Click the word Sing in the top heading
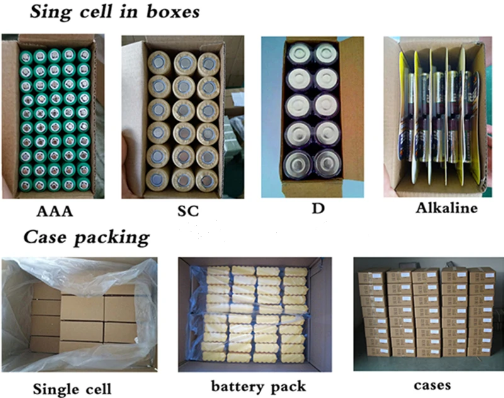tap(51, 12)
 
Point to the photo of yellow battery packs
tap(255, 313)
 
